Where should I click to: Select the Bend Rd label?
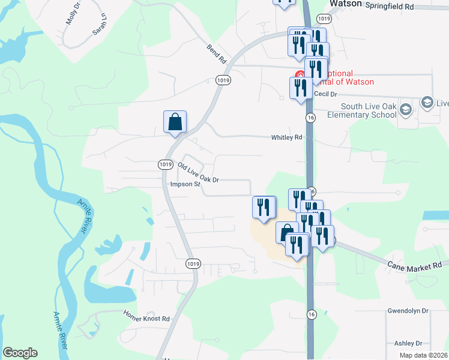click(215, 54)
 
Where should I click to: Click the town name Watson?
click(346, 4)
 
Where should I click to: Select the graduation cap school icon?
click(406, 109)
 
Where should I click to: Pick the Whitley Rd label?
click(286, 137)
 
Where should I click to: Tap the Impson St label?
click(185, 185)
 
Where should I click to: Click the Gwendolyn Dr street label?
click(408, 311)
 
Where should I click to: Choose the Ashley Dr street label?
click(408, 343)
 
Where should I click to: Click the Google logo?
click(20, 353)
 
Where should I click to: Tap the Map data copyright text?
click(423, 355)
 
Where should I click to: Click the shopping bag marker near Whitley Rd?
click(175, 122)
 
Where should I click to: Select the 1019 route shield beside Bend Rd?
click(223, 80)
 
